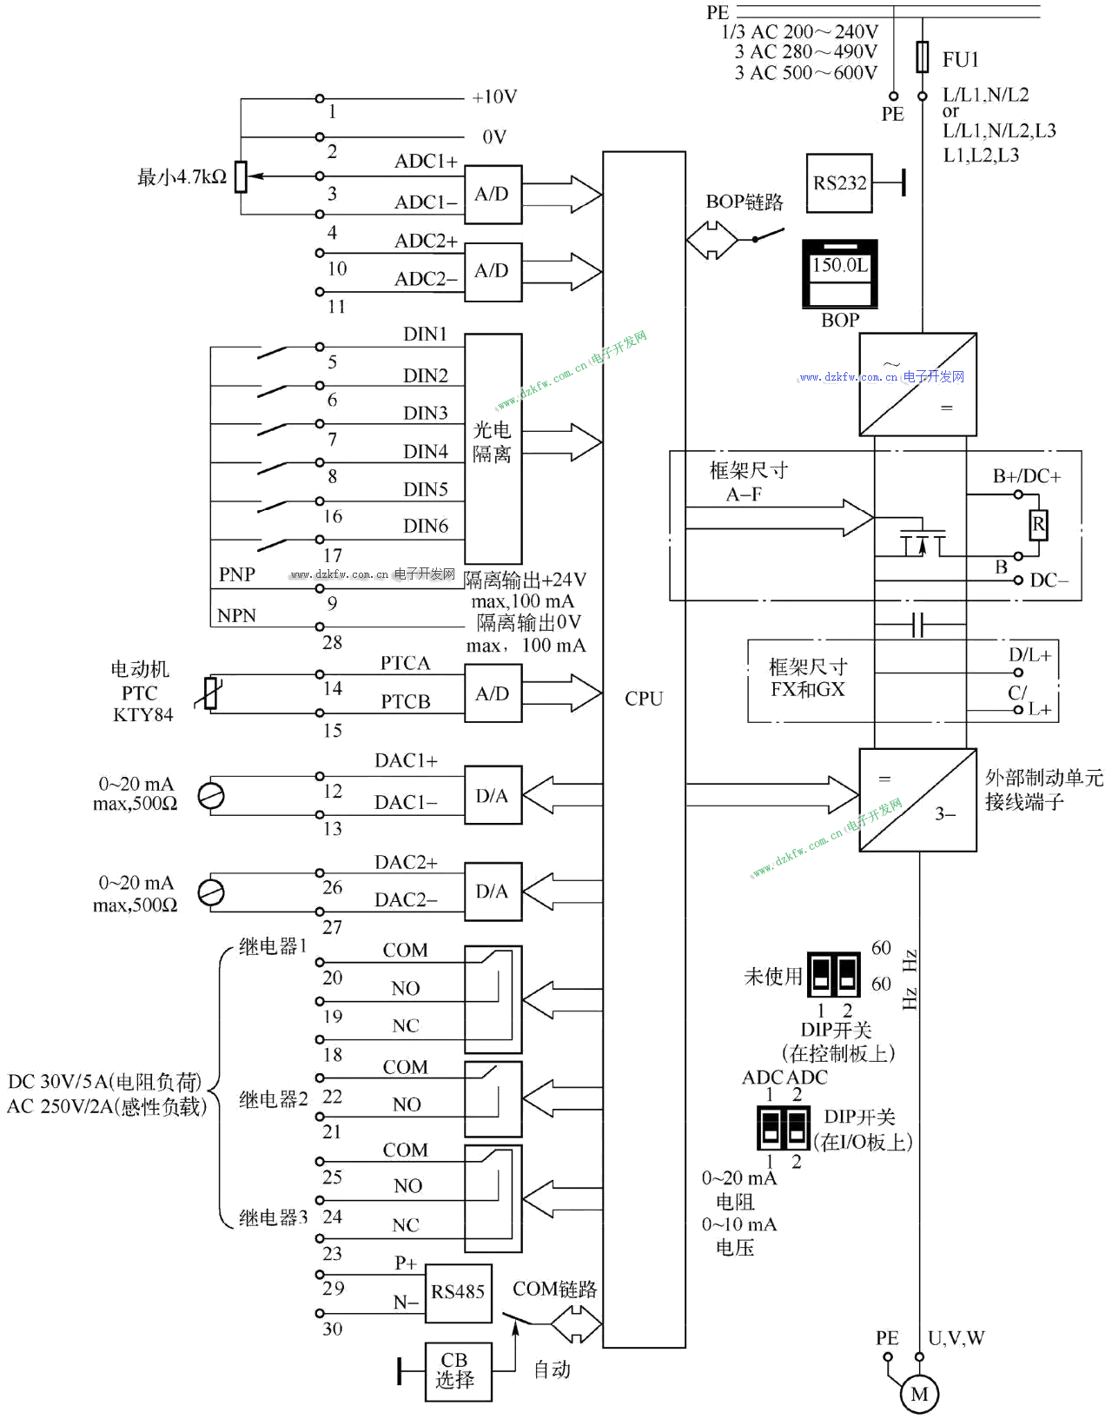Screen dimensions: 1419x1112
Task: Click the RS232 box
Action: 839,183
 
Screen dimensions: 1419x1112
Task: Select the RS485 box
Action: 458,1292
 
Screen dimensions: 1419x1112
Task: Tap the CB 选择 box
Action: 458,1370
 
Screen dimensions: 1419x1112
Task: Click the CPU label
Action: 644,699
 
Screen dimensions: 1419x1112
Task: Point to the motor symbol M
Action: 919,1394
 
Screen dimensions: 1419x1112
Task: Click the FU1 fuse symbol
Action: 923,57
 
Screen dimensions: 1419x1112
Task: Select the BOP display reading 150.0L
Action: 839,266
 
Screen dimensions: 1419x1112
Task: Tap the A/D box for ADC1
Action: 493,195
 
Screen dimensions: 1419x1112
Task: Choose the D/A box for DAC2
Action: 493,892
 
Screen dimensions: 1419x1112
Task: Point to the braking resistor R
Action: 1038,525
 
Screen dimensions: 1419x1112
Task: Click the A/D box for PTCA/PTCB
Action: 493,693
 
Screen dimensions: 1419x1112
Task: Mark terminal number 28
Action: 333,642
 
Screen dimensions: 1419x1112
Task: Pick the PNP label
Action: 236,574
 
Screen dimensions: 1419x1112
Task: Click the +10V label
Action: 494,97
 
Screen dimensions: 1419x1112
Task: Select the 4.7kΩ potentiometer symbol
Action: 241,176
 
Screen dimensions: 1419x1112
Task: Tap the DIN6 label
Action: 426,526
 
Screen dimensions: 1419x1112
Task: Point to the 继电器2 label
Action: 273,1099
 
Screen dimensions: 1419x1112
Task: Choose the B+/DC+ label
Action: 1027,476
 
